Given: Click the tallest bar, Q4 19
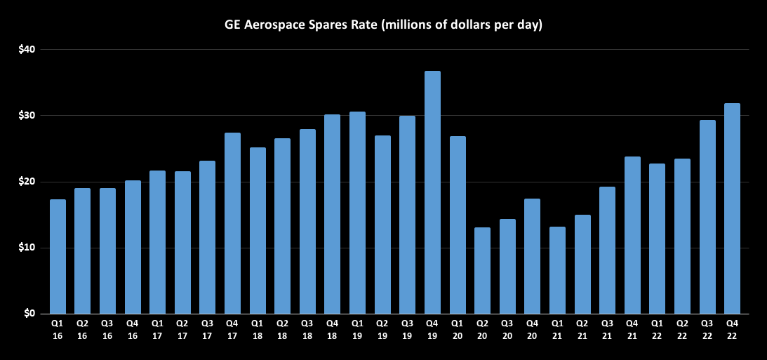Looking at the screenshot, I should point(432,192).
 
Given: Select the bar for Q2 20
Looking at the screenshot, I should point(482,270).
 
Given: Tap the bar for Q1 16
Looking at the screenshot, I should point(58,256).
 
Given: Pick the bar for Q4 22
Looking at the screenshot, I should point(732,208).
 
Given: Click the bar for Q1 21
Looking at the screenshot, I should point(557,270).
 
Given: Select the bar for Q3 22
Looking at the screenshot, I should point(707,217).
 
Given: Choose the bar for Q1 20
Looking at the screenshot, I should point(458,225).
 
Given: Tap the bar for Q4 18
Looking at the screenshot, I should point(332,214).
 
